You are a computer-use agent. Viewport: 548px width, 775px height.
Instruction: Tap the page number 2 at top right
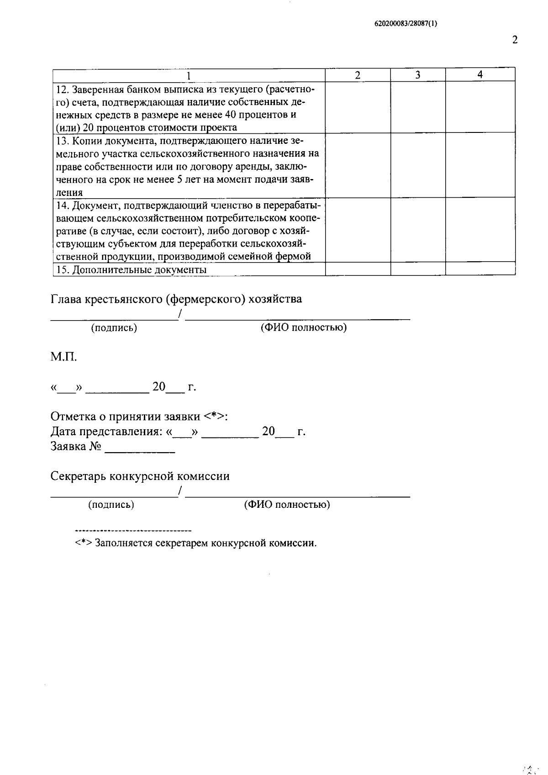pos(515,40)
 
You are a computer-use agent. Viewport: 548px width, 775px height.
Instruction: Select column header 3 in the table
pos(417,75)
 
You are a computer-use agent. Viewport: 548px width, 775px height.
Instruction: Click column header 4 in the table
pos(480,75)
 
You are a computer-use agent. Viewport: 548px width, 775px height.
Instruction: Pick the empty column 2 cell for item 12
pos(358,107)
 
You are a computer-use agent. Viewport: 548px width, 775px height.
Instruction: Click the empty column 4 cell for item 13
pos(480,165)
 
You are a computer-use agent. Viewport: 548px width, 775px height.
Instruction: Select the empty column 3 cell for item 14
pos(417,230)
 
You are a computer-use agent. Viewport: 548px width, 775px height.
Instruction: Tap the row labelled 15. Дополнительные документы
pos(131,270)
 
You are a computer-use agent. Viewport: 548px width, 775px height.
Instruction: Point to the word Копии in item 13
pos(85,140)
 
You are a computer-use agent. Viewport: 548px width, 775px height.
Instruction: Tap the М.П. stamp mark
pos(63,357)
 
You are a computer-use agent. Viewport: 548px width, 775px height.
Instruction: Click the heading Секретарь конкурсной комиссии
pos(140,476)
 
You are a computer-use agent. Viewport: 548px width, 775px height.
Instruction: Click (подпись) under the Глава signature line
pos(114,327)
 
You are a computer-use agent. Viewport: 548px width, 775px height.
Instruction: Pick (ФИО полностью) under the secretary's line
pos(287,505)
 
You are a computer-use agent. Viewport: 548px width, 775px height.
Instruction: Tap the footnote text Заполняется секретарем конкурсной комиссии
pos(205,543)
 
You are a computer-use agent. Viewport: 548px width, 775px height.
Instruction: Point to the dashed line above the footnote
pos(133,531)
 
